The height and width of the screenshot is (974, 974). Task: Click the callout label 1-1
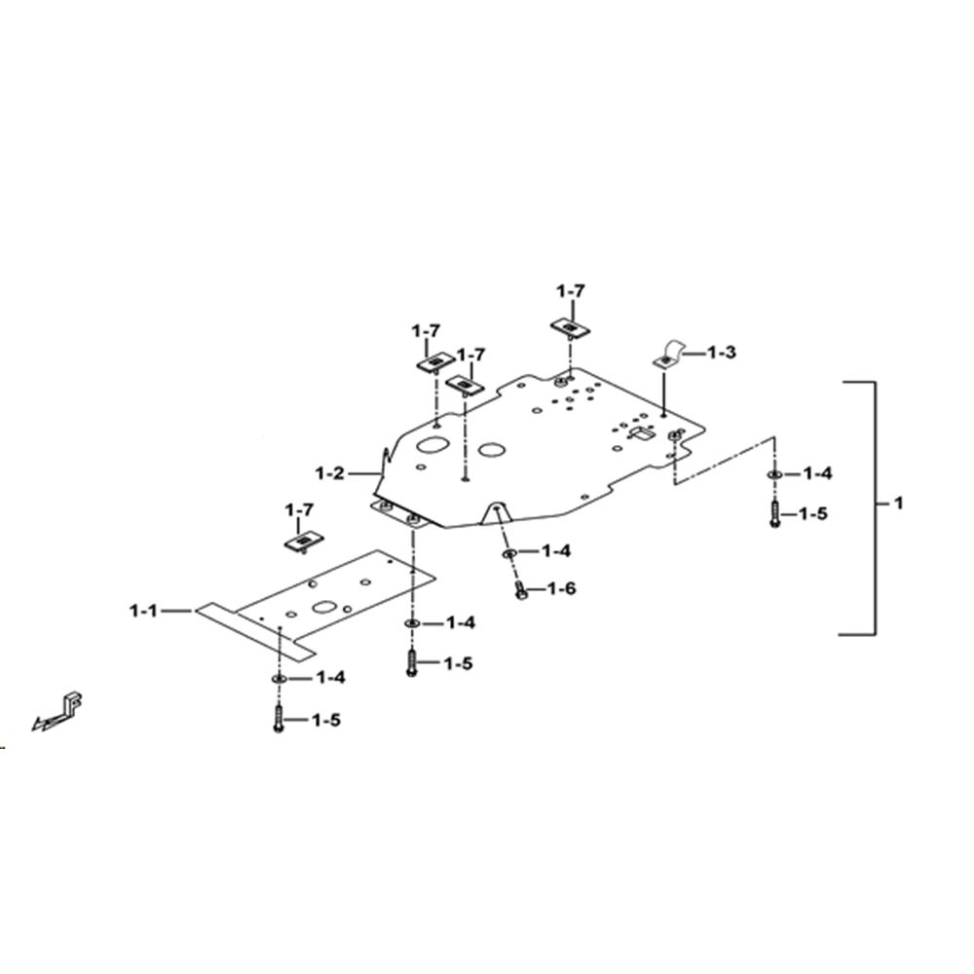(x=143, y=612)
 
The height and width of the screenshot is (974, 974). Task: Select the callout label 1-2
(x=329, y=474)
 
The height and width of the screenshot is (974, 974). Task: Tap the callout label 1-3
(x=722, y=353)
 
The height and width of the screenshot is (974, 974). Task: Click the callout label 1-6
(x=562, y=588)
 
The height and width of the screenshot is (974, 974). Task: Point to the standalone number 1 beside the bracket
(x=898, y=504)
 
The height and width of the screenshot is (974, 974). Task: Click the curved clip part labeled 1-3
(x=669, y=355)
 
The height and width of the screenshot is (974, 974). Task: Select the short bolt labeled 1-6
(x=521, y=591)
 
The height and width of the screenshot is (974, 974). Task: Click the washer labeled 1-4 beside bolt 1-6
(x=509, y=552)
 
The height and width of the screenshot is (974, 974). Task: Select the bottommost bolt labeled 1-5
(x=279, y=719)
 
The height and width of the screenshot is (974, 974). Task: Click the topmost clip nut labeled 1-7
(x=570, y=326)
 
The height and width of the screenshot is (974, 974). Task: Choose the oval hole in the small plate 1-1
(x=324, y=607)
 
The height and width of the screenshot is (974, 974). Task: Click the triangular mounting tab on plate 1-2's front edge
(x=497, y=512)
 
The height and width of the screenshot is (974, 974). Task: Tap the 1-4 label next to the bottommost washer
(x=331, y=678)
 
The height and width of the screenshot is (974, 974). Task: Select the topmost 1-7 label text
(x=570, y=290)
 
